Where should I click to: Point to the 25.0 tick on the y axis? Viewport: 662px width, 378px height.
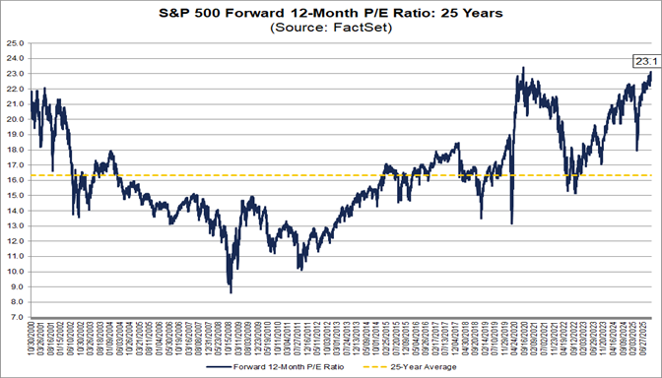[15, 43]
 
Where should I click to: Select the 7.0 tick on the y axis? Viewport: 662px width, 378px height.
[17, 318]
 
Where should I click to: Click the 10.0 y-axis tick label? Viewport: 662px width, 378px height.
[15, 272]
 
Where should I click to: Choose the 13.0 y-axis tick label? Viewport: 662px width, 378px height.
[15, 226]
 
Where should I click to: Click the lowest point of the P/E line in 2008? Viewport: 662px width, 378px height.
[231, 292]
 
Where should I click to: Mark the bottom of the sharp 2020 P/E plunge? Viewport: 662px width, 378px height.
[512, 223]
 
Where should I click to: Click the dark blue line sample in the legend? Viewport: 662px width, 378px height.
[224, 365]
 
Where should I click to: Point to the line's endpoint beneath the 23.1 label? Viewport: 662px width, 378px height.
[651, 73]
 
